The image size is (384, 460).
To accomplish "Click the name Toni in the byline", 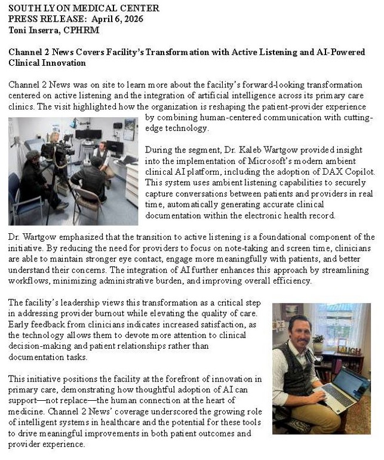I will (18, 29).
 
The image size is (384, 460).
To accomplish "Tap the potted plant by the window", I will (318, 342).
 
